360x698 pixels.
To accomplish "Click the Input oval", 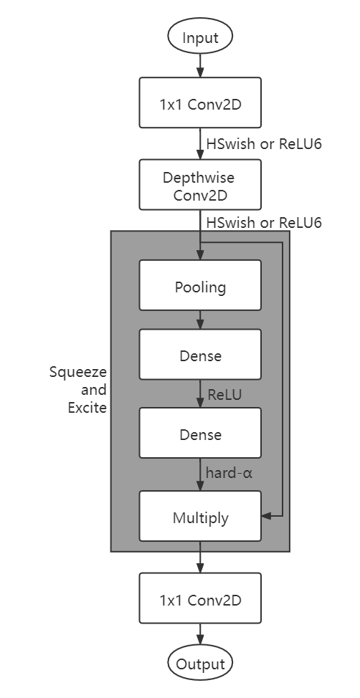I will coord(200,38).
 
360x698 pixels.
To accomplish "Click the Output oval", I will coord(200,664).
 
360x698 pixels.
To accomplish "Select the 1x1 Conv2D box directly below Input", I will coord(200,103).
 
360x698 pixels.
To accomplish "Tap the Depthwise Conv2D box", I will coord(200,184).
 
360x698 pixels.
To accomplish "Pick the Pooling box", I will coord(200,287).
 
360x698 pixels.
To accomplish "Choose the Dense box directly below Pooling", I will coord(200,355).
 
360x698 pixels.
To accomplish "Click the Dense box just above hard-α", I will coord(200,434).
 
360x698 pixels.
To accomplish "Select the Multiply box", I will coord(200,516).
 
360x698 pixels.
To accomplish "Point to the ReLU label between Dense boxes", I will coord(224,394).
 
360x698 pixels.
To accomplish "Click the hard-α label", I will coord(229,472).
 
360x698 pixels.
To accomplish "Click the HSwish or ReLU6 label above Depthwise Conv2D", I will coord(264,144).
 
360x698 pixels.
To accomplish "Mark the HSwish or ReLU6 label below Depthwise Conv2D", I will coord(264,223).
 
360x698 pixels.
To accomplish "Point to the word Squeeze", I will coord(77,373).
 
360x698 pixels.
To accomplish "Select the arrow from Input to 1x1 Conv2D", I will coord(200,66).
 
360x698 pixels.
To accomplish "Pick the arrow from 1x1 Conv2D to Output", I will coord(200,634).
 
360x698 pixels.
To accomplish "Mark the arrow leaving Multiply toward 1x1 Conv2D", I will coord(200,558).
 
